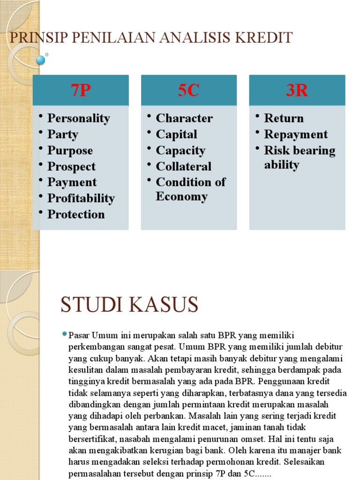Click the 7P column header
(x=81, y=90)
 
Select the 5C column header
(x=188, y=90)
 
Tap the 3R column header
(x=297, y=90)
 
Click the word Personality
(x=79, y=119)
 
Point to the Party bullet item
(x=63, y=135)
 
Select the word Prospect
(x=71, y=167)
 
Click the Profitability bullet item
(x=81, y=199)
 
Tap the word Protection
(x=76, y=215)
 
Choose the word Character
(x=184, y=119)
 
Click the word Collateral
(x=184, y=167)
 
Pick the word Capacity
(x=180, y=151)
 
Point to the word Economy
(x=181, y=197)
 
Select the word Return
(x=284, y=119)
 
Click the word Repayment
(x=296, y=135)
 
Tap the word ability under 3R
(x=281, y=165)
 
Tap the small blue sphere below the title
(x=41, y=60)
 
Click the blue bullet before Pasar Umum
(x=65, y=334)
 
